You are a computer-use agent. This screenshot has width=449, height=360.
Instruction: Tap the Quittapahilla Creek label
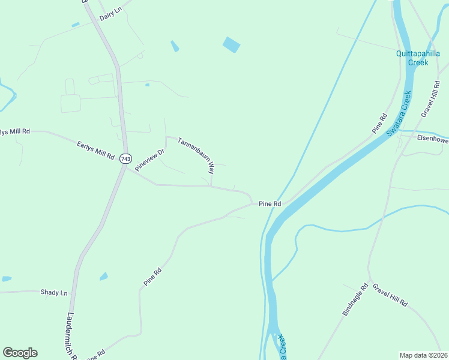(418, 58)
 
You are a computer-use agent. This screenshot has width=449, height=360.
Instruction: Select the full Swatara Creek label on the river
(399, 113)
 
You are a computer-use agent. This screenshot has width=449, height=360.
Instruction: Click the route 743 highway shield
(125, 158)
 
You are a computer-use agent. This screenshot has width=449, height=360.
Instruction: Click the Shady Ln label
(54, 292)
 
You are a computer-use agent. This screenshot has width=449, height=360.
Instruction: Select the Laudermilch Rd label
(71, 336)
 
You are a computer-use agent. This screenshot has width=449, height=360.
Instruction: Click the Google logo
(20, 353)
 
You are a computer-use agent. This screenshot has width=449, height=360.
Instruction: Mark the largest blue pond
(231, 44)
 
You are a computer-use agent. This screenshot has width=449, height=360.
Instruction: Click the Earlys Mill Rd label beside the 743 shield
(95, 149)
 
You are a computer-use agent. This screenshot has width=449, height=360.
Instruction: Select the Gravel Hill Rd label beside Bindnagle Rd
(390, 295)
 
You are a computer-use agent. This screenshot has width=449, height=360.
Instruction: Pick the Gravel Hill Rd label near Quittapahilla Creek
(430, 100)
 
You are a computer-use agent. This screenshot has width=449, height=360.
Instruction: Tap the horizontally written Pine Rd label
(270, 204)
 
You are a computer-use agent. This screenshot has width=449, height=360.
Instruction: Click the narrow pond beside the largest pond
(175, 46)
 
